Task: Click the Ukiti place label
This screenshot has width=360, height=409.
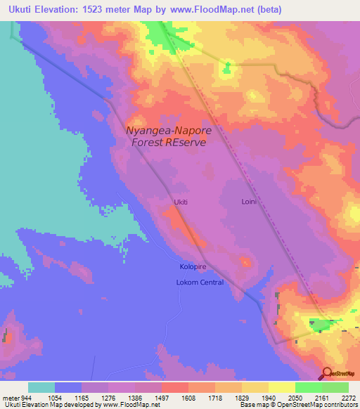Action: tap(181, 202)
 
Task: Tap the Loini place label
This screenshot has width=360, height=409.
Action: tap(250, 202)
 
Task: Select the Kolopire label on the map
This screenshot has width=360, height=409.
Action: tap(191, 268)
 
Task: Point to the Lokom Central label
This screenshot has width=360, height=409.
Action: tap(199, 283)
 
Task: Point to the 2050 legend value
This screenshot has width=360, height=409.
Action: tap(285, 398)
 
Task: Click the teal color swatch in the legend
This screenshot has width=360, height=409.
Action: tap(41, 387)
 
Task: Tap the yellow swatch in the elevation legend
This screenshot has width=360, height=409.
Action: tap(282, 387)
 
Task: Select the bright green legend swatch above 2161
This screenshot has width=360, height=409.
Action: tap(309, 387)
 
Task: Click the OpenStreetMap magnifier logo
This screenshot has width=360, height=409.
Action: tap(326, 374)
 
